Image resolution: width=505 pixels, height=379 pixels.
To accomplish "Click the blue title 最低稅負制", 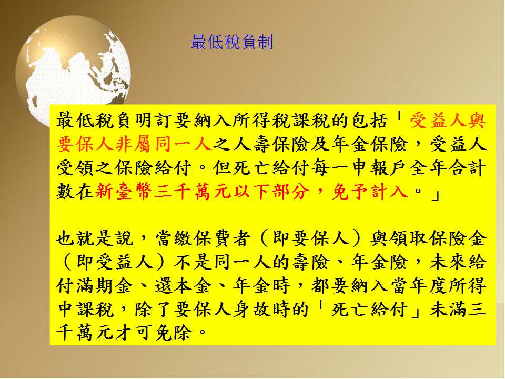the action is [x=232, y=42].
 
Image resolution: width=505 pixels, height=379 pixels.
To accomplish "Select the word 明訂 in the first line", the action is [x=155, y=121].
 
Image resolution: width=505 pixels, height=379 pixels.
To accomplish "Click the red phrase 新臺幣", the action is [x=124, y=192].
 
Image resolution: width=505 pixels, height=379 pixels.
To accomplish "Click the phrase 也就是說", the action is [x=95, y=239].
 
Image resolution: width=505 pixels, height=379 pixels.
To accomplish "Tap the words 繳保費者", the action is [x=213, y=239].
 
